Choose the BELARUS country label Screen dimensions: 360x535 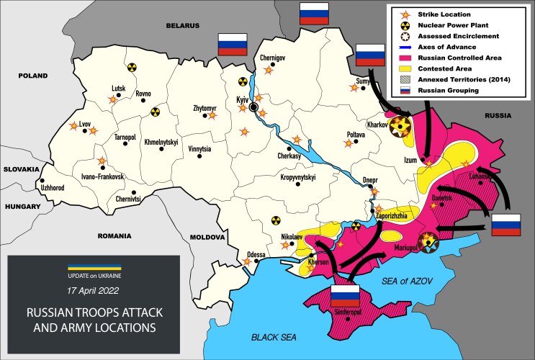181,25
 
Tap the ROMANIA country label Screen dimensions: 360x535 115,235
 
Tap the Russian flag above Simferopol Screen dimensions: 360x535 343,295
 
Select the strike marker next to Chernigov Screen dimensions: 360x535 269,70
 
